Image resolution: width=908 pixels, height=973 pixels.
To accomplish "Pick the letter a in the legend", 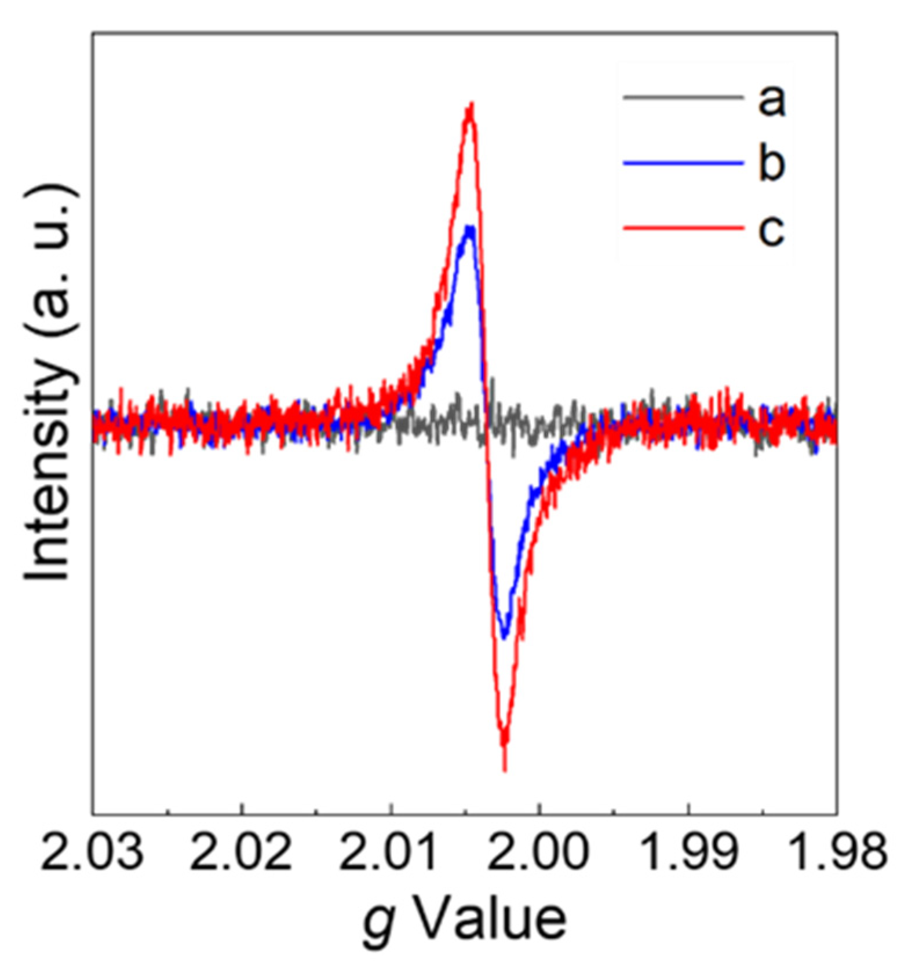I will (x=771, y=100).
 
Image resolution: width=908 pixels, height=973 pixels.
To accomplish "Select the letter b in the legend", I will (x=771, y=163).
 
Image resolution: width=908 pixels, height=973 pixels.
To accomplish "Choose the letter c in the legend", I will (x=771, y=229).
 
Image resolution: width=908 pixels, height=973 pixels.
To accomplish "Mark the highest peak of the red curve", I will (x=471, y=106).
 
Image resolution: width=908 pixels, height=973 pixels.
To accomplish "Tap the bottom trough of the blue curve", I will (x=504, y=637).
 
